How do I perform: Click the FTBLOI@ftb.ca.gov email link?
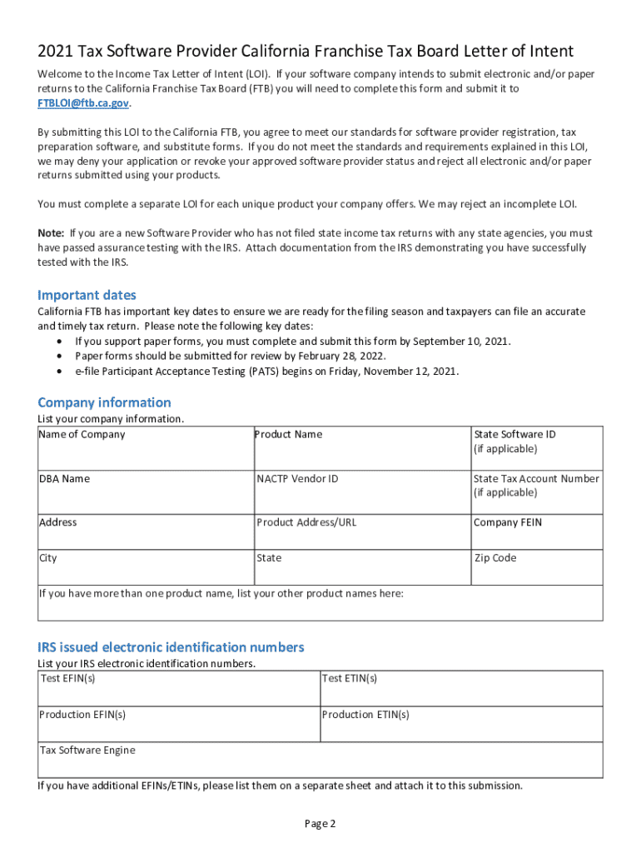tap(83, 103)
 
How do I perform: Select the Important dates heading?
tap(87, 295)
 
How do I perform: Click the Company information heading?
tap(104, 402)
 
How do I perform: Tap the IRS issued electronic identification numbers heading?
tap(171, 647)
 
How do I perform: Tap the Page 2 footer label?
tap(320, 824)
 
